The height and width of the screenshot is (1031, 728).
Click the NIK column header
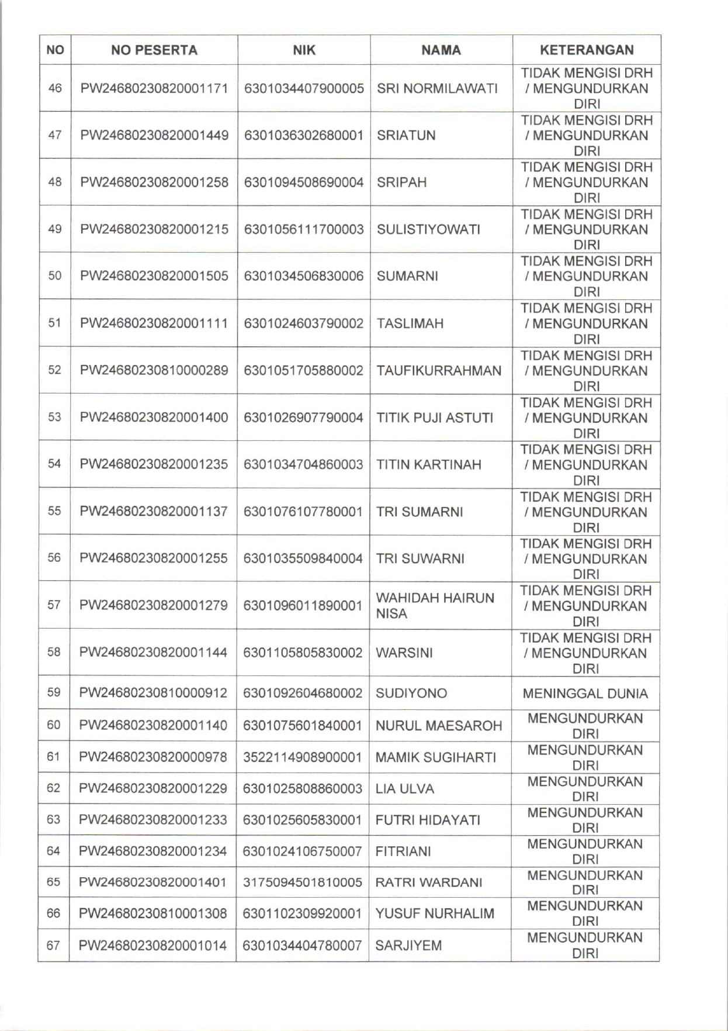(x=304, y=50)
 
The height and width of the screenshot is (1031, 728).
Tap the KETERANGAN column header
(x=587, y=50)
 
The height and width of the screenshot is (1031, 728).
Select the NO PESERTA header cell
(x=154, y=50)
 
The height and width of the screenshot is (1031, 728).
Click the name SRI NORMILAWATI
(x=437, y=89)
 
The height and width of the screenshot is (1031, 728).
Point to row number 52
(x=54, y=370)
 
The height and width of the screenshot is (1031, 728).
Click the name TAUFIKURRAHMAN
(x=439, y=371)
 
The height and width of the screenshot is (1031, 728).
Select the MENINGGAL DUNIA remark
(x=585, y=694)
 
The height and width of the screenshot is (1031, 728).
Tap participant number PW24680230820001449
(x=154, y=136)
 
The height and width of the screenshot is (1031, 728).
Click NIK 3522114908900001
(x=303, y=757)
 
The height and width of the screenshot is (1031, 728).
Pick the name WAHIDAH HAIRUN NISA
(x=435, y=606)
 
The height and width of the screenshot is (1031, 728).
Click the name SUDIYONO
(x=411, y=694)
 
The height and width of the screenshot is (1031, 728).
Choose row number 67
(x=53, y=946)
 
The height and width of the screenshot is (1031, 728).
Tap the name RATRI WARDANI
(x=428, y=882)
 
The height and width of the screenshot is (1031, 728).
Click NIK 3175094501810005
(x=303, y=882)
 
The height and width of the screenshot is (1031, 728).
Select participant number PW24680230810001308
(x=153, y=913)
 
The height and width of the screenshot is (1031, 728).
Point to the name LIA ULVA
(x=404, y=789)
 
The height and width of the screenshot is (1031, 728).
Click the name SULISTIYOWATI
(x=428, y=229)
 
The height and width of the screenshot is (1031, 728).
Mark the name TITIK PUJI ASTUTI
(x=435, y=418)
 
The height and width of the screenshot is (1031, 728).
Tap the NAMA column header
(x=441, y=50)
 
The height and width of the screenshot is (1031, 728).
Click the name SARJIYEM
(x=408, y=946)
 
